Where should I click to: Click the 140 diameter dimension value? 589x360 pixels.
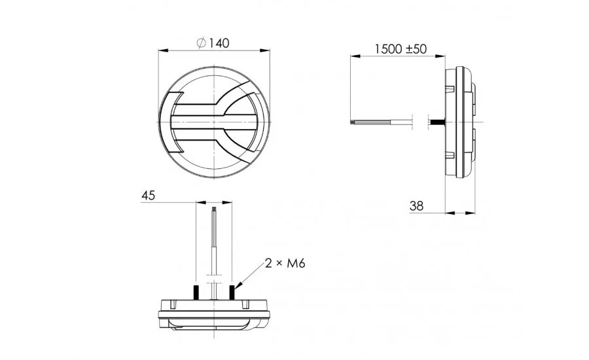tap(219, 43)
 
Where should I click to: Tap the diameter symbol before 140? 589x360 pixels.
tap(202, 43)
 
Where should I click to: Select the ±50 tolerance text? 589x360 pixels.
tap(416, 49)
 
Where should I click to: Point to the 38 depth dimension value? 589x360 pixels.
tap(416, 206)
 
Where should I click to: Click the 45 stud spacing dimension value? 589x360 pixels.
tap(148, 196)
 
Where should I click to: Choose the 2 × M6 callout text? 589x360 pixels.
tap(285, 263)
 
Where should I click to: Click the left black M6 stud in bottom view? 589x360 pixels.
tap(196, 292)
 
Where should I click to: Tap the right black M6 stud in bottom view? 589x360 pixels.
tap(232, 292)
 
